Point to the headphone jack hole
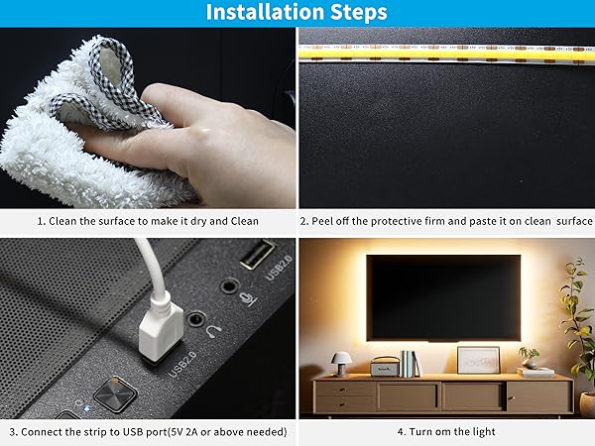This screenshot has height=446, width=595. [x=196, y=320]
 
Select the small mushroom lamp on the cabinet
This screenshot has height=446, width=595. [x=340, y=361]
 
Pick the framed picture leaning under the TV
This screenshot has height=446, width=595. [x=478, y=360]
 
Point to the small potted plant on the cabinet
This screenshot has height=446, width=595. [x=530, y=356]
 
